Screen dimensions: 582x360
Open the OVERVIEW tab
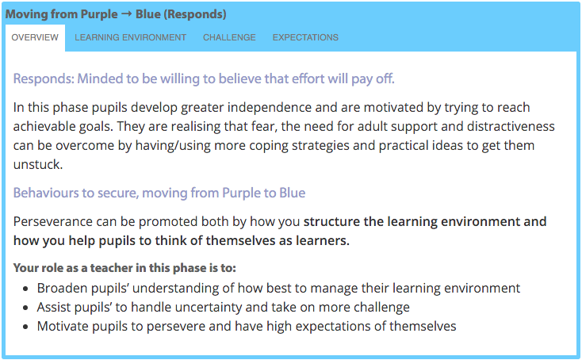pos(35,37)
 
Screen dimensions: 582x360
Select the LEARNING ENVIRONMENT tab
pos(130,37)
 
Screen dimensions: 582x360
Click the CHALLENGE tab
pos(229,37)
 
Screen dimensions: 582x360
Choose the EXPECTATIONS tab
pos(305,37)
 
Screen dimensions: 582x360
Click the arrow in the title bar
pos(127,15)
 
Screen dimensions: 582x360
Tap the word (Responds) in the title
pos(196,14)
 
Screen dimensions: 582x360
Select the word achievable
pos(43,126)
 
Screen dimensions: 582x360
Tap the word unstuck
pos(37,164)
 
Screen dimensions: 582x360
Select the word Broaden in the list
pos(60,289)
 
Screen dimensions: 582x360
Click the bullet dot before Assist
pos(25,308)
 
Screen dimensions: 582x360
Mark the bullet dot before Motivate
pos(25,327)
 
